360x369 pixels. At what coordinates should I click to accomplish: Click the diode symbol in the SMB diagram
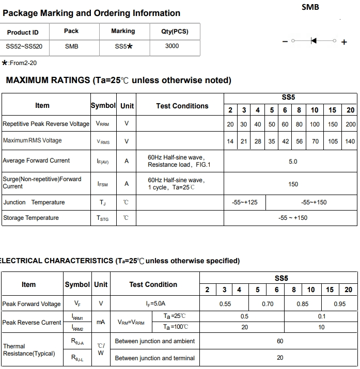[314, 40]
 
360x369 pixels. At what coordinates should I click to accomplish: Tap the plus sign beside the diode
[345, 42]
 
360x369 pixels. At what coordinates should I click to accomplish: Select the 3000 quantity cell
[172, 46]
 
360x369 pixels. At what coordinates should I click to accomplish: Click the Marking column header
[123, 31]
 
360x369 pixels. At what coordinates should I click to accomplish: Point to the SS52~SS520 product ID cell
[24, 46]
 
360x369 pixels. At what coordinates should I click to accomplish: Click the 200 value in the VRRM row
[351, 124]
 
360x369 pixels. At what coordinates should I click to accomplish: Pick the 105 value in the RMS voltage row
[333, 141]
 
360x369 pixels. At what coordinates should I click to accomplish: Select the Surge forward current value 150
[293, 184]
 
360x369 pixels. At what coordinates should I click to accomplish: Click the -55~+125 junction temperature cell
[245, 202]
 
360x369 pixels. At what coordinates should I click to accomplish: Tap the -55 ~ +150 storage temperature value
[292, 218]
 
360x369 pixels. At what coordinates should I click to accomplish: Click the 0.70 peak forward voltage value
[268, 304]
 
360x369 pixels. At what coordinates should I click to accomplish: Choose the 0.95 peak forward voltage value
[339, 304]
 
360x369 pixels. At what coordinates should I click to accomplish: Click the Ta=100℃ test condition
[176, 327]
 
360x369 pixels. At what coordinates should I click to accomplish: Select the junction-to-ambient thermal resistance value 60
[280, 341]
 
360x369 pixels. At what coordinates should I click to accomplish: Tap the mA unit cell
[101, 322]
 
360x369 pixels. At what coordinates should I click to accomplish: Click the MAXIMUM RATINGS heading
[118, 81]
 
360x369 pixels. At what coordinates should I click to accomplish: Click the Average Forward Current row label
[36, 161]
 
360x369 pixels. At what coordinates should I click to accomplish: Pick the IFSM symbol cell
[103, 184]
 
